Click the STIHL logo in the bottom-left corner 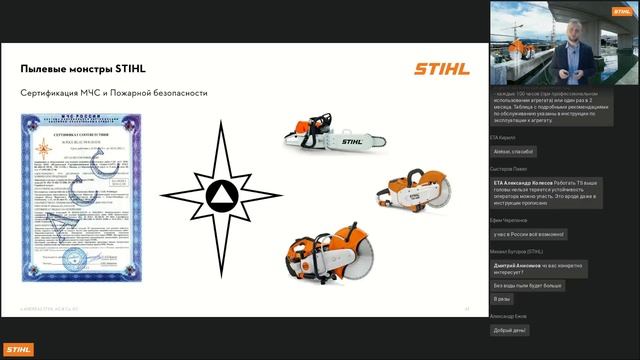pos(17,348)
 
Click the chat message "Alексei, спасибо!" pos(512,152)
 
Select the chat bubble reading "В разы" pos(503,299)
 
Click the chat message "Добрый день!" pos(510,330)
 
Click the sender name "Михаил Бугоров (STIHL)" pos(516,251)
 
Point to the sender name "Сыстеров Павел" pos(507,169)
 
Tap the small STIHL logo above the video pos(623,11)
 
